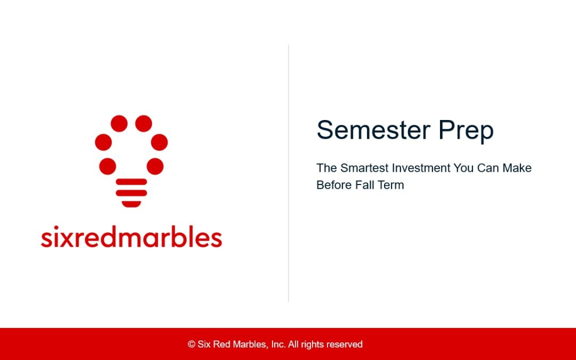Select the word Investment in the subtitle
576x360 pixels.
coord(421,168)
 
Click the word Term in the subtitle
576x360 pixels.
coord(390,185)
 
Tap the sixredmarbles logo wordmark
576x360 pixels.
coord(131,237)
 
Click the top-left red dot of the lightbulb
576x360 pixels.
coord(119,124)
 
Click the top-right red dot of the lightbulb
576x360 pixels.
coord(143,124)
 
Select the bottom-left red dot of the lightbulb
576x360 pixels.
coord(107,166)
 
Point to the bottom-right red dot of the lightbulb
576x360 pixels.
coord(155,166)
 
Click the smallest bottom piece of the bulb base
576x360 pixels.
coord(131,204)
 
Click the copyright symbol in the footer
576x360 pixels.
coord(191,345)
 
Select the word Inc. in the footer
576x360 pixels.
coord(278,345)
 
